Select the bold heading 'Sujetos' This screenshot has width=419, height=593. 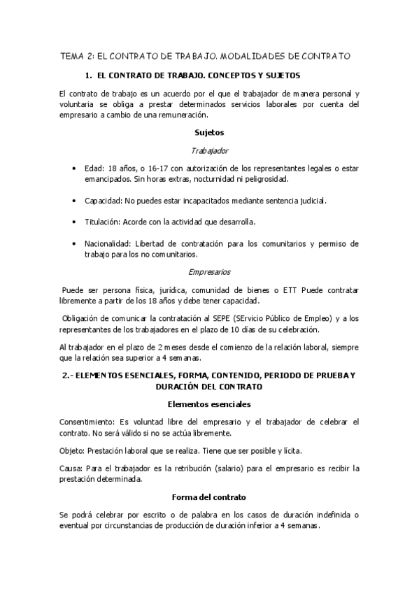click(209, 131)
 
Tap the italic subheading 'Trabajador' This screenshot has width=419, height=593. click(209, 150)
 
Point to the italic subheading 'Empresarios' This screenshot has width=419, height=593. click(210, 271)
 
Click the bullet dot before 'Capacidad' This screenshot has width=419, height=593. click(75, 201)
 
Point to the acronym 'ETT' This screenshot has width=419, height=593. click(288, 290)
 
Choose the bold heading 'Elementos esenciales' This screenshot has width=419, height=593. click(209, 404)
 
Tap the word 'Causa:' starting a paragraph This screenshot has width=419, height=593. click(71, 468)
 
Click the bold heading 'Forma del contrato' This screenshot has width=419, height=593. click(209, 497)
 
